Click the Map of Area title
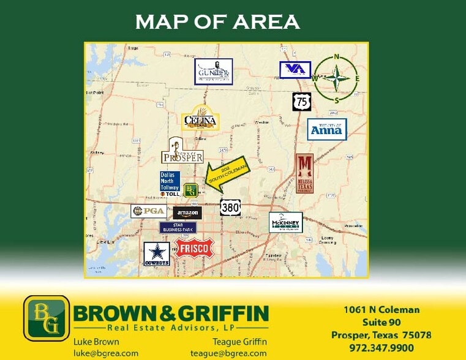pyautogui.click(x=217, y=22)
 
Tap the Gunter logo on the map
pyautogui.click(x=213, y=72)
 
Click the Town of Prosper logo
pyautogui.click(x=182, y=151)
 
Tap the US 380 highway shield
pyautogui.click(x=230, y=207)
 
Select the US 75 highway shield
pyautogui.click(x=301, y=102)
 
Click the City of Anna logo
pyautogui.click(x=326, y=129)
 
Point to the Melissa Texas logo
pyautogui.click(x=304, y=173)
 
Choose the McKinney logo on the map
pyautogui.click(x=285, y=222)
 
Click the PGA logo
pyautogui.click(x=148, y=211)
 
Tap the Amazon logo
pyautogui.click(x=187, y=212)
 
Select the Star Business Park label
pyautogui.click(x=178, y=228)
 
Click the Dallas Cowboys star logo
pyautogui.click(x=156, y=253)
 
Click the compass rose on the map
pyautogui.click(x=336, y=78)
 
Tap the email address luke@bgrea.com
pyautogui.click(x=105, y=353)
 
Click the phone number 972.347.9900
pyautogui.click(x=381, y=348)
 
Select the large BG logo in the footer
pyautogui.click(x=47, y=318)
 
